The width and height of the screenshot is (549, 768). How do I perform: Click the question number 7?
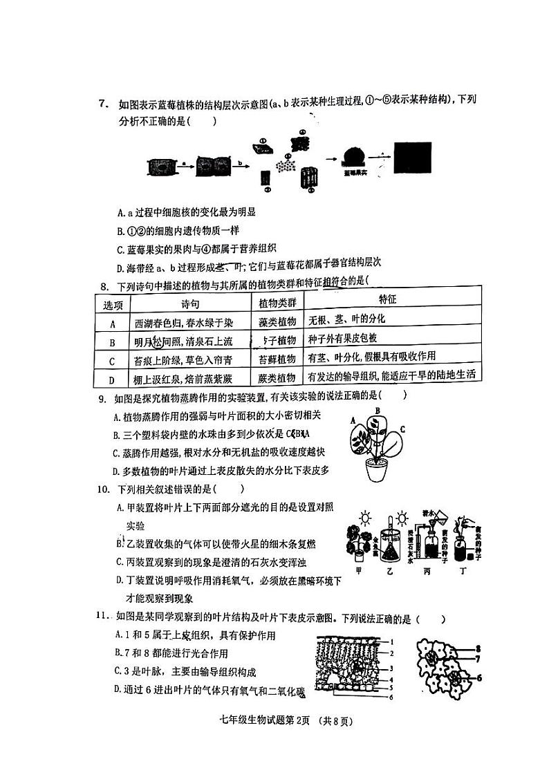coord(102,104)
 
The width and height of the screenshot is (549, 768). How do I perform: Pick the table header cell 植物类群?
coord(277,303)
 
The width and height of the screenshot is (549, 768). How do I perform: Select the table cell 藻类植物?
coord(277,321)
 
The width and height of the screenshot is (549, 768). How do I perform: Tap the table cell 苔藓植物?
coord(277,359)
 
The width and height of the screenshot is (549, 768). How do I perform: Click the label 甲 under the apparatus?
coord(357,572)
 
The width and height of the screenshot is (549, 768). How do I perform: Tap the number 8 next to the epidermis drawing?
coord(477,648)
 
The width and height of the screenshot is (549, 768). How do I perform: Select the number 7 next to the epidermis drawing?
coord(477,659)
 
